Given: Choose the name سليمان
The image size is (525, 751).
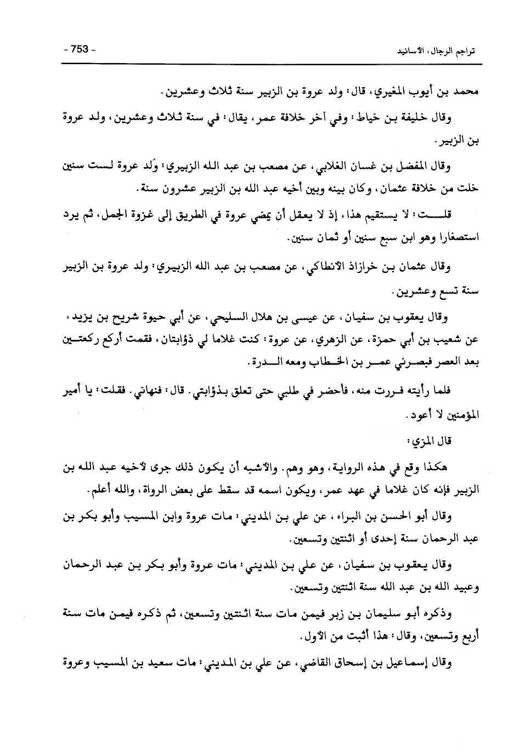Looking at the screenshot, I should [x=375, y=613].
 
